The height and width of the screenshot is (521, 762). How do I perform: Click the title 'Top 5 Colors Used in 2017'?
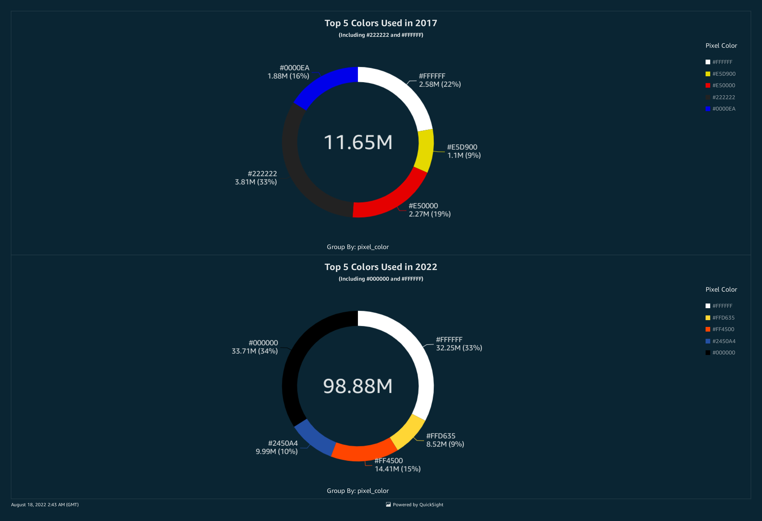coord(381,23)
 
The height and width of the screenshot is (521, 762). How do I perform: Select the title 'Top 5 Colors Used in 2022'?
coord(381,267)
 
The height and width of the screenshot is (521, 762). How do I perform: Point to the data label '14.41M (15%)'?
coord(397,469)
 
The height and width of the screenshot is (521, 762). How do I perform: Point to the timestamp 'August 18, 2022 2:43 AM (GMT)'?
coord(45,505)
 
